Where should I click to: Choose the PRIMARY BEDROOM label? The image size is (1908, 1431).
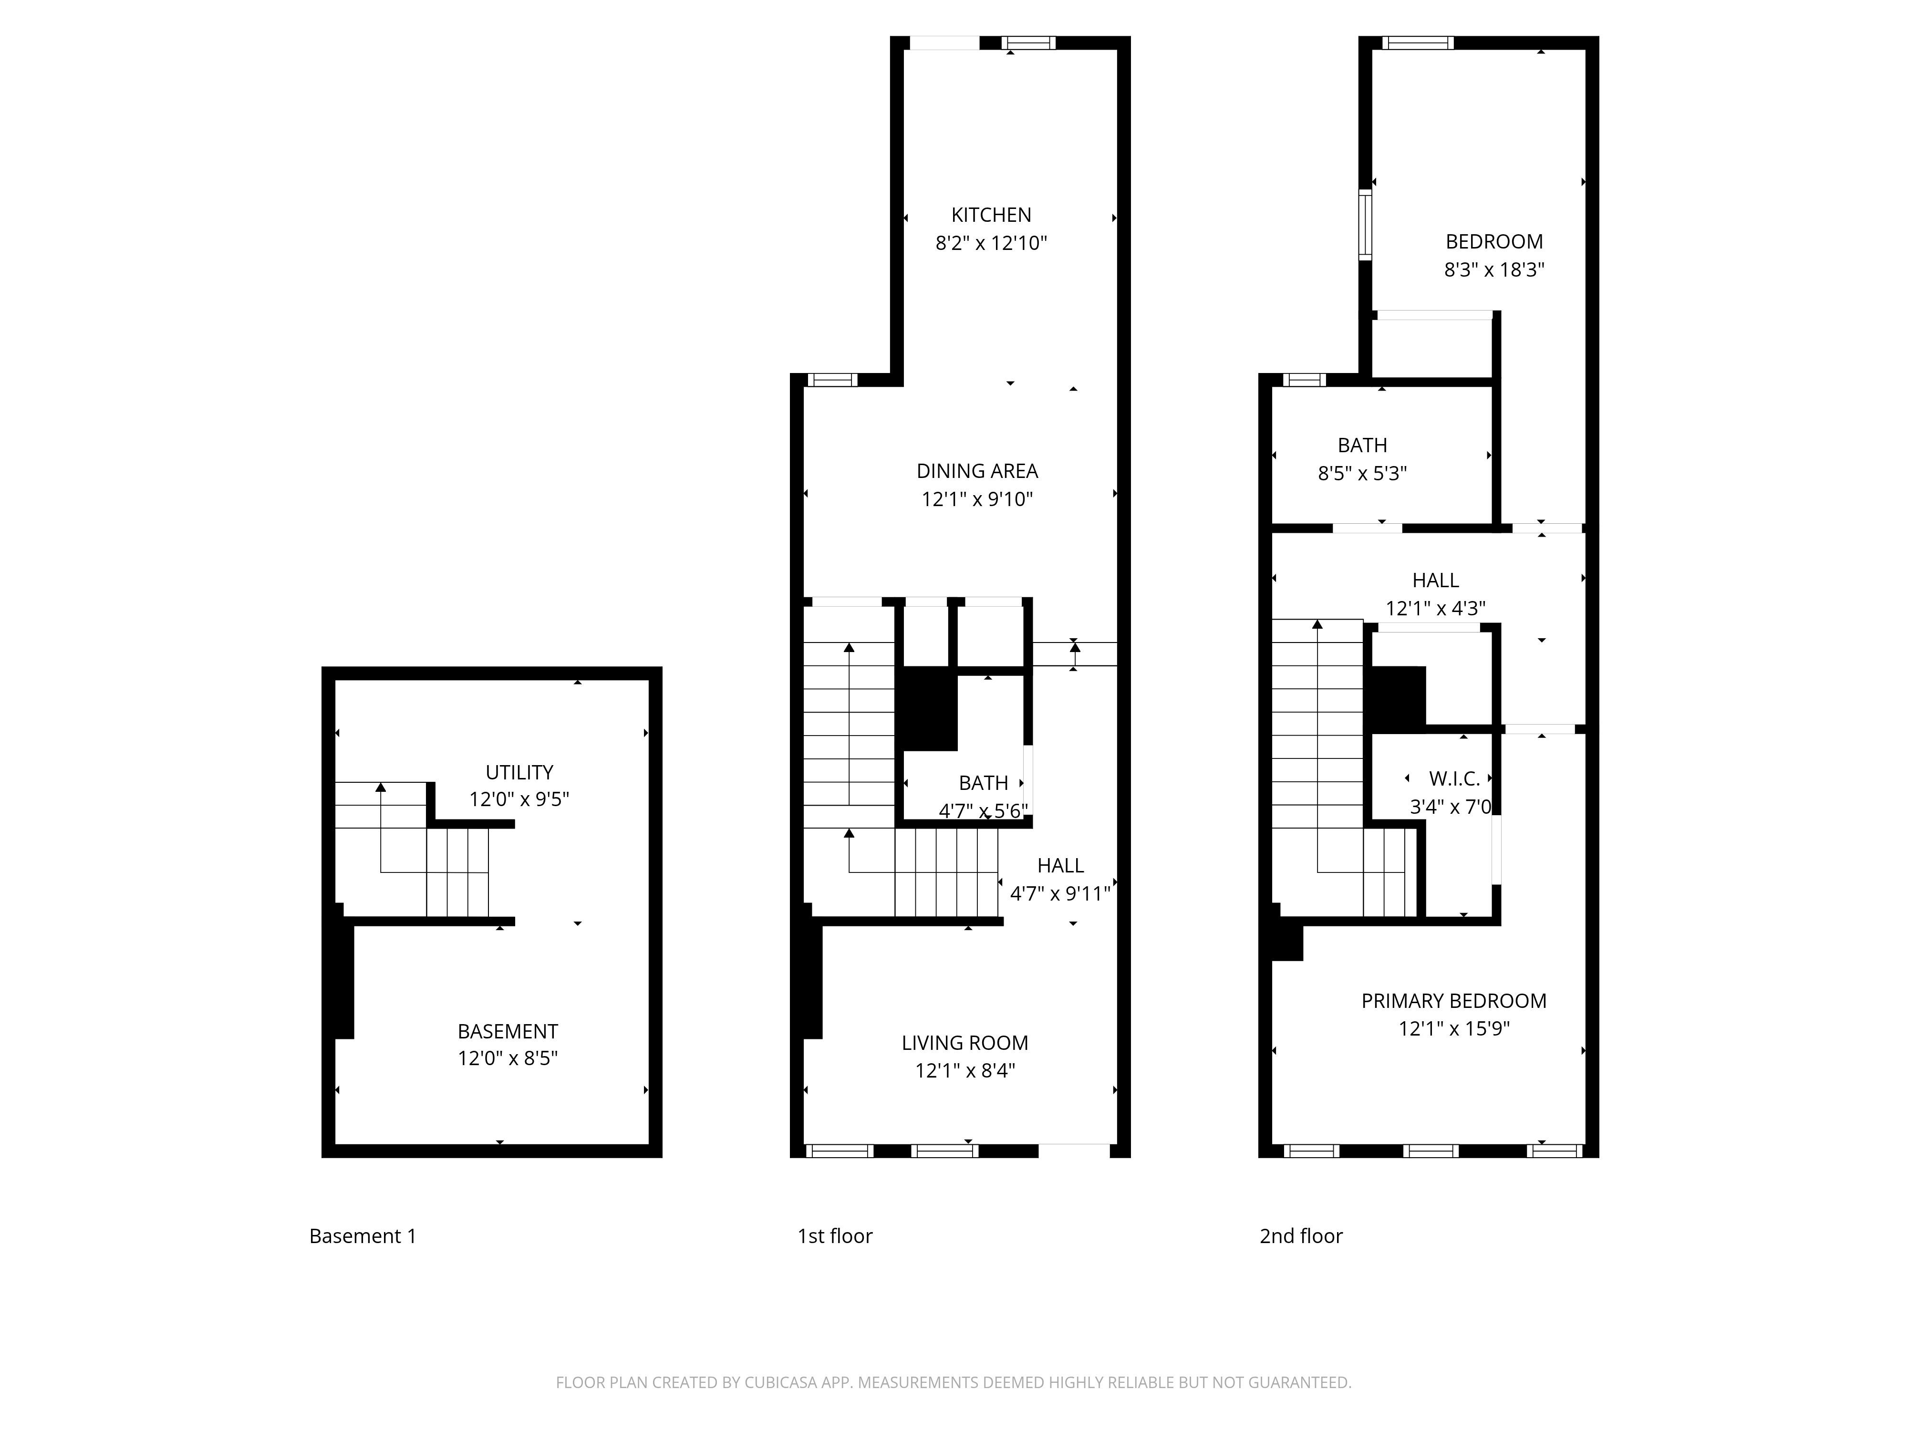coord(1453,1001)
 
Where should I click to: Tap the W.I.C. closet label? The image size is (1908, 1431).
coord(1454,779)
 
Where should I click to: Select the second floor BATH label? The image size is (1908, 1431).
coord(1362,445)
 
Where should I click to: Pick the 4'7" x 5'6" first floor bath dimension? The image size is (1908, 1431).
coord(983,811)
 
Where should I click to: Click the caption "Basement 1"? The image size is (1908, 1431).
coord(362,1236)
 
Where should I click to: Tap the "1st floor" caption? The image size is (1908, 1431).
coord(834,1236)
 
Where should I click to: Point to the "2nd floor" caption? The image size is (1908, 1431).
coord(1301,1236)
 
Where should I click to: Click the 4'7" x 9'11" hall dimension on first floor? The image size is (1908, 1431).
coord(1059,893)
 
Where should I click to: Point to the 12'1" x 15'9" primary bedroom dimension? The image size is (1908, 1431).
coord(1453,1028)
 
